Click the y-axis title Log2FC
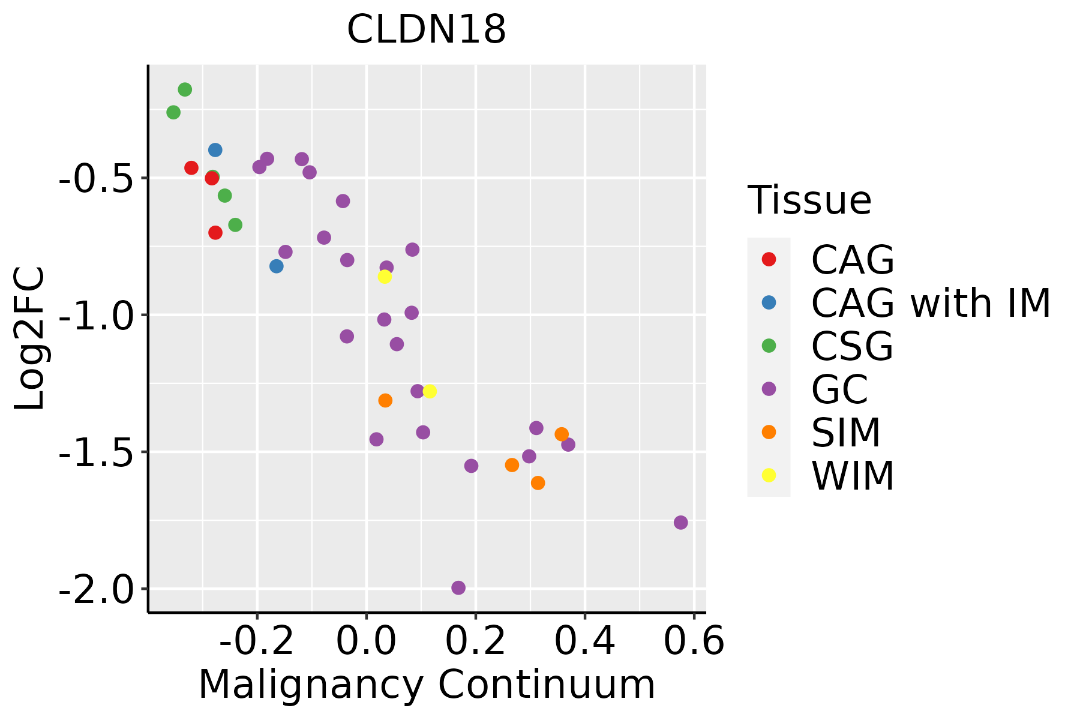(30, 338)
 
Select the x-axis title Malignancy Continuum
(427, 685)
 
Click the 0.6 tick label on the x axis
(694, 641)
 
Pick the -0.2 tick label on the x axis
(257, 641)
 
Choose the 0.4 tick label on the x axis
(584, 641)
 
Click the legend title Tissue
(809, 200)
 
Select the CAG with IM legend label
(931, 303)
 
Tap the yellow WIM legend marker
(769, 475)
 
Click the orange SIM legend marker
(769, 432)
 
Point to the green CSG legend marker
(769, 346)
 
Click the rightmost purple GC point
(680, 523)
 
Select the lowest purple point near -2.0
(458, 588)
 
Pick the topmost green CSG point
(185, 90)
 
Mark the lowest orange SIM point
(538, 483)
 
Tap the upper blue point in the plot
(215, 150)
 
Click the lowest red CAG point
(215, 233)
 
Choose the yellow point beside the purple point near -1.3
(430, 392)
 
